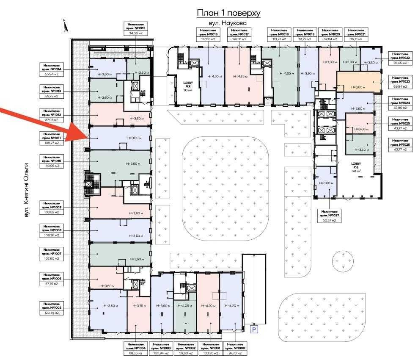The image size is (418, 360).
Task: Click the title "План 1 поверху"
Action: pyautogui.click(x=228, y=13)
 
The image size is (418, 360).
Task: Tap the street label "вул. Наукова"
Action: pyautogui.click(x=228, y=23)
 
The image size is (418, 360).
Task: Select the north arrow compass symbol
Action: pyautogui.click(x=65, y=26)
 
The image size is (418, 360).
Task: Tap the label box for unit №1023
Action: pyautogui.click(x=400, y=82)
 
